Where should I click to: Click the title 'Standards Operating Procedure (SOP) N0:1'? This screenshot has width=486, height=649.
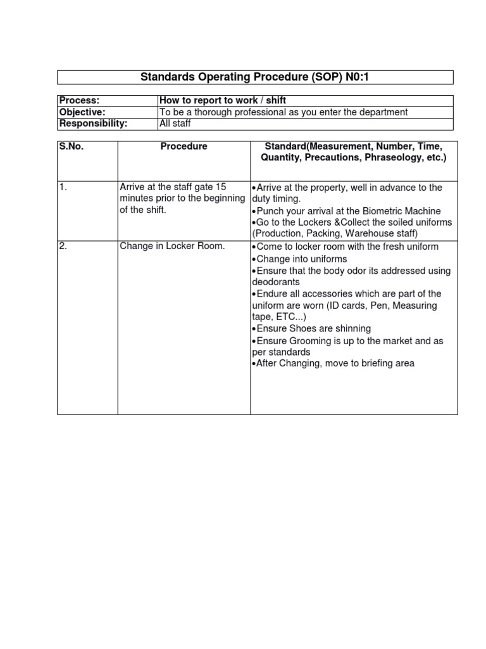(256, 77)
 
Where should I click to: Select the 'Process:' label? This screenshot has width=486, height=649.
(80, 101)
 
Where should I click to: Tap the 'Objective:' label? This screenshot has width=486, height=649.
(82, 112)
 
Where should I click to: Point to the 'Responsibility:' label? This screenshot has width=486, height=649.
(93, 124)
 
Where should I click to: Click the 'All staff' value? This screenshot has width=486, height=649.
(175, 124)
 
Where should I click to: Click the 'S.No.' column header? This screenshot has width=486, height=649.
(72, 146)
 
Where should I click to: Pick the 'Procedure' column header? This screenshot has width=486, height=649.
(184, 146)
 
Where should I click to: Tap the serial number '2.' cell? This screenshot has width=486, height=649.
(63, 247)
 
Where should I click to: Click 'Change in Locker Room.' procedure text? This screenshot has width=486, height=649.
(172, 247)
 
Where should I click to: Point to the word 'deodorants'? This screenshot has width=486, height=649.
(275, 282)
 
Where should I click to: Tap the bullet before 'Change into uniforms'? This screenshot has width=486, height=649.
(254, 259)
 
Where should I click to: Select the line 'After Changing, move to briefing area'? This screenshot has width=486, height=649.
(335, 364)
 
